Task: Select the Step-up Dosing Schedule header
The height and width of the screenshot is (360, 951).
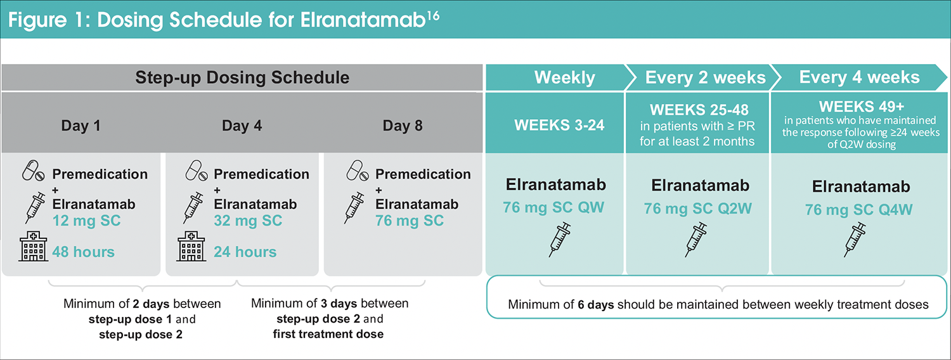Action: [x=242, y=78]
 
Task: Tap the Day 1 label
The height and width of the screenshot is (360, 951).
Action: [x=81, y=125]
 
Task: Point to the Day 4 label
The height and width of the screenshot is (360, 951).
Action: [x=242, y=125]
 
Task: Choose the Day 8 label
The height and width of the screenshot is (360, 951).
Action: [x=403, y=125]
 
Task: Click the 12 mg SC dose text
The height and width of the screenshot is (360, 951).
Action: [x=87, y=221]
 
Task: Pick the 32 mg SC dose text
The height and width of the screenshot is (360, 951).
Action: [x=248, y=221]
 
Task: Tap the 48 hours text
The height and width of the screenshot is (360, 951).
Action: [x=83, y=252]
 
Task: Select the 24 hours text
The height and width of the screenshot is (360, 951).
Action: [x=245, y=252]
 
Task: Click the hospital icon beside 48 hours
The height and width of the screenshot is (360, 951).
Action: [x=33, y=246]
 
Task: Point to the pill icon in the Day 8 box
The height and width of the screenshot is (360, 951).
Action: [x=358, y=170]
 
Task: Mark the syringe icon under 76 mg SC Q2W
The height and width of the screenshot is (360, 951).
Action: [x=696, y=240]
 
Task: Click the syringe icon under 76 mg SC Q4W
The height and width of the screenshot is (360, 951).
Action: [x=855, y=240]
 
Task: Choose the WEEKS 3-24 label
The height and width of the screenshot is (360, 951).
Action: [x=559, y=125]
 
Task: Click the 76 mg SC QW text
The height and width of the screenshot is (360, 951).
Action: [x=553, y=208]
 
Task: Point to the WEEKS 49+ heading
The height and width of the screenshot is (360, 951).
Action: [x=862, y=106]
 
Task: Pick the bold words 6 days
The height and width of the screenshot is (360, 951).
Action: [x=596, y=304]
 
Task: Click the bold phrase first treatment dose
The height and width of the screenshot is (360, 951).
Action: [x=328, y=334]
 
